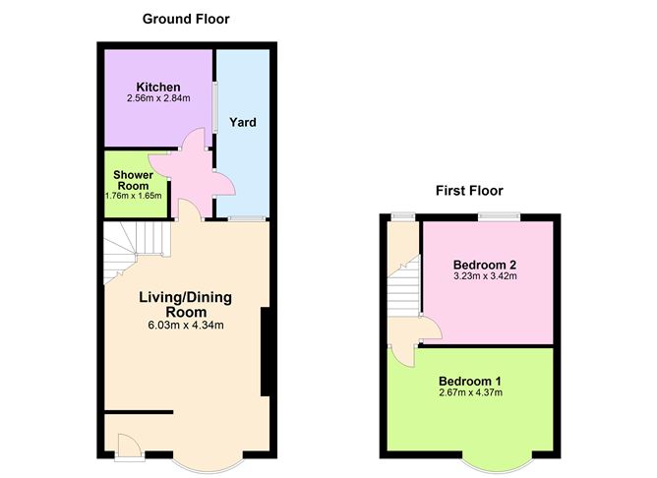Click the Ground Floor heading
pyautogui.click(x=186, y=20)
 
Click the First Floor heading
pyautogui.click(x=469, y=191)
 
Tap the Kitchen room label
pyautogui.click(x=158, y=88)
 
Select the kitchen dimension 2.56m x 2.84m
pyautogui.click(x=158, y=98)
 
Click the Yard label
pyautogui.click(x=243, y=122)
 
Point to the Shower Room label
pyautogui.click(x=133, y=180)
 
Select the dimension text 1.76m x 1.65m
pyautogui.click(x=133, y=196)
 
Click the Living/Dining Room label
pyautogui.click(x=186, y=305)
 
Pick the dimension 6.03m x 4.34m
pyautogui.click(x=186, y=326)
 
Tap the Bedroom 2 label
pyautogui.click(x=485, y=265)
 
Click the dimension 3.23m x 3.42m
pyautogui.click(x=485, y=276)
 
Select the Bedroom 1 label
pyautogui.click(x=470, y=382)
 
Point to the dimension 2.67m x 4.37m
pyautogui.click(x=470, y=392)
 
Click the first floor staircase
pyautogui.click(x=404, y=286)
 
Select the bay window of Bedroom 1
pyautogui.click(x=498, y=466)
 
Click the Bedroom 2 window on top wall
pyautogui.click(x=499, y=216)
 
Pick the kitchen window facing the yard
pyautogui.click(x=214, y=107)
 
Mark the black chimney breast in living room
pyautogui.click(x=266, y=351)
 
